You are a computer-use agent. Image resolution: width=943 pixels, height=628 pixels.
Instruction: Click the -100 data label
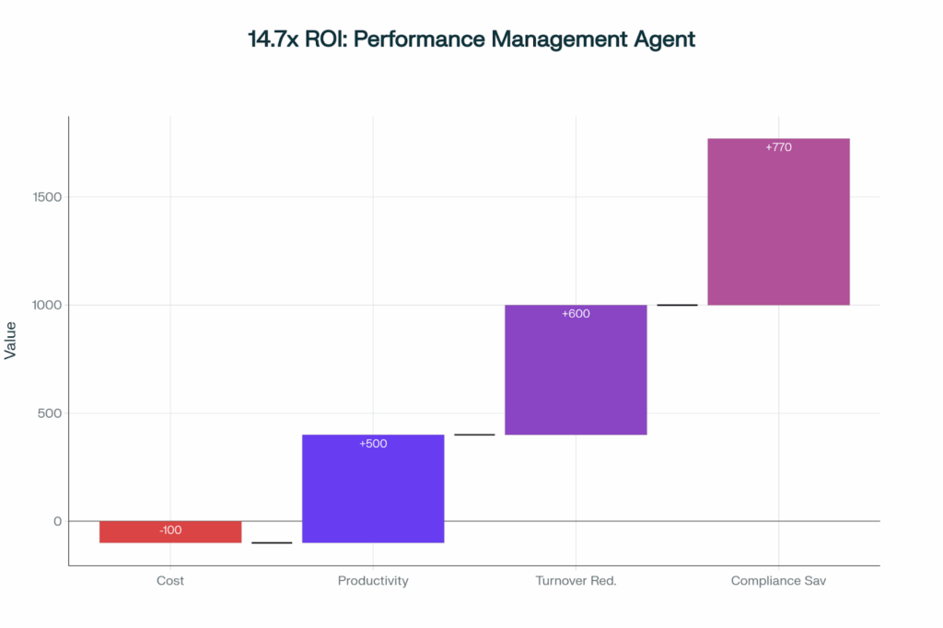170,530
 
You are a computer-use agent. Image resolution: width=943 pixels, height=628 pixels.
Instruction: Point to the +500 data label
373,444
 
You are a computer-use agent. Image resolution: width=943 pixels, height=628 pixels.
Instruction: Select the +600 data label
576,314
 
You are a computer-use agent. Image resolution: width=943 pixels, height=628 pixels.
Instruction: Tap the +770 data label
778,147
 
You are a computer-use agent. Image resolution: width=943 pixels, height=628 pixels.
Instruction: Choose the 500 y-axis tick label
48,413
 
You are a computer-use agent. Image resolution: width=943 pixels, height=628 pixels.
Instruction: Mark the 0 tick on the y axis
56,521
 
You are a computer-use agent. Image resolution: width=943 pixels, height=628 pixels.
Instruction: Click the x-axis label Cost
170,581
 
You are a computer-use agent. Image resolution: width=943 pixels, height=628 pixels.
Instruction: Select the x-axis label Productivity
373,581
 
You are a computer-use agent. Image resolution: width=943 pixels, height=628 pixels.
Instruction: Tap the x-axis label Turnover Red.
576,581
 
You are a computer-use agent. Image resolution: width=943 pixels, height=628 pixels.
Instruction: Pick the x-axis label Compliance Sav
778,581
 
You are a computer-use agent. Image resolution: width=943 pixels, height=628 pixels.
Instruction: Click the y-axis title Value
11,341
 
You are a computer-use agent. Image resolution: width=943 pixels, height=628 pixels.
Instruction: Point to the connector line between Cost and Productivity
272,543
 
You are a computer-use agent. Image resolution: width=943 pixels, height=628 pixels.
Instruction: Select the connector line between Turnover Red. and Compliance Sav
677,305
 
